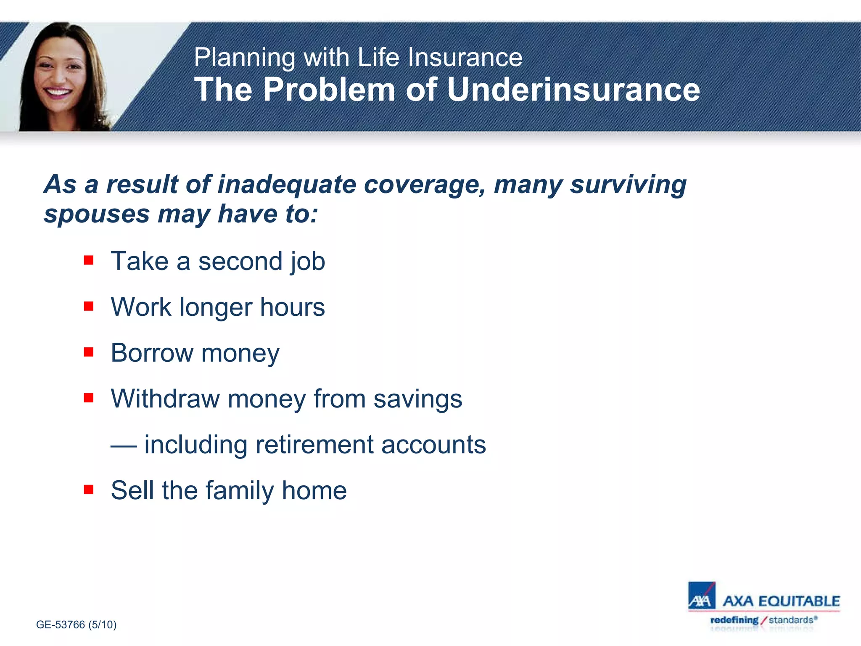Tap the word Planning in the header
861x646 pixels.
coord(244,58)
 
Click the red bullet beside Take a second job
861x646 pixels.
coord(88,260)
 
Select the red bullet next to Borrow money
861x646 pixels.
coord(88,352)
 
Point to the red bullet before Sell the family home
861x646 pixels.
coord(88,489)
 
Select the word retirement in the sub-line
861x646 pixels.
coord(314,445)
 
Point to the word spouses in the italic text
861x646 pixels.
coord(97,214)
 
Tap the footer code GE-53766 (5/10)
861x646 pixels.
coord(76,625)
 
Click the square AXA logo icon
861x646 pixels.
coord(701,596)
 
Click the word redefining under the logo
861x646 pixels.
coord(734,620)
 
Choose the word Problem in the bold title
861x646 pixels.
coord(329,90)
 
